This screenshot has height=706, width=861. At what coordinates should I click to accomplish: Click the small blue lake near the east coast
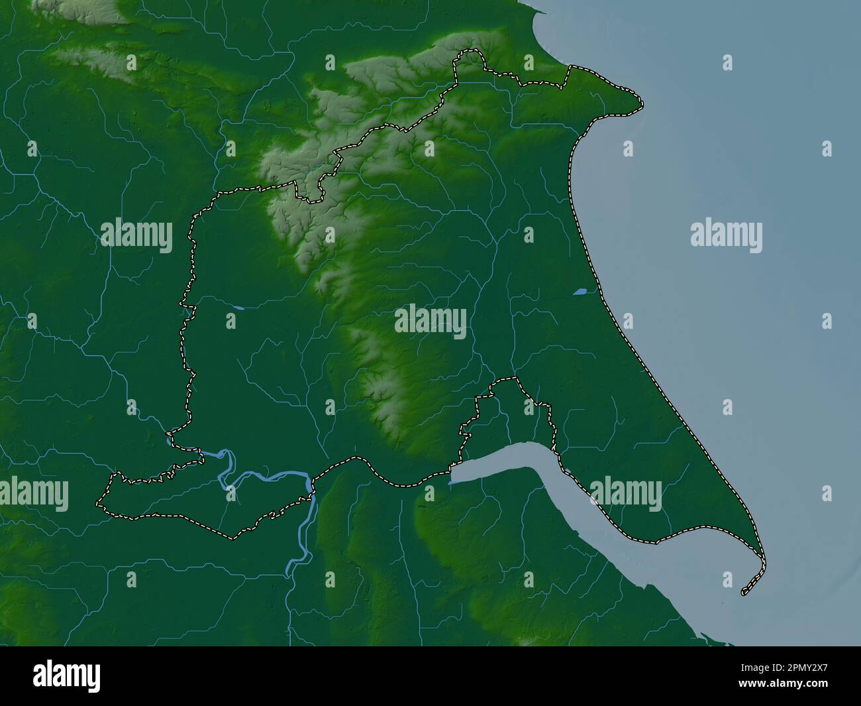(x=580, y=290)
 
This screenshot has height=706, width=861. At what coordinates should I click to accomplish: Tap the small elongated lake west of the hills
(x=236, y=308)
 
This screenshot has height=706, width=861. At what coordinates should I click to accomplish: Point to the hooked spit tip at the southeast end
(x=744, y=591)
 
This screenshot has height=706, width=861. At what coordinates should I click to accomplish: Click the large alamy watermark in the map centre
(x=430, y=322)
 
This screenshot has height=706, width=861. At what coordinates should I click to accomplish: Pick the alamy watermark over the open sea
(x=726, y=235)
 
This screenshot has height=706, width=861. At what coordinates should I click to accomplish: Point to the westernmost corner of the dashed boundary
(x=99, y=502)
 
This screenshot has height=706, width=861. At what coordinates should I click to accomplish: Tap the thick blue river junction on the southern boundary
(x=309, y=487)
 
